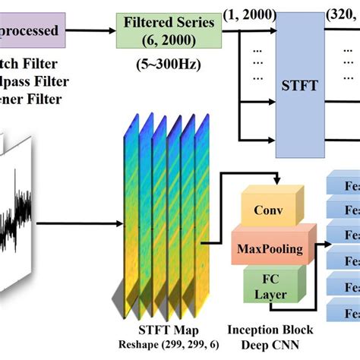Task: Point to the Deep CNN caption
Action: [x=270, y=346]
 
